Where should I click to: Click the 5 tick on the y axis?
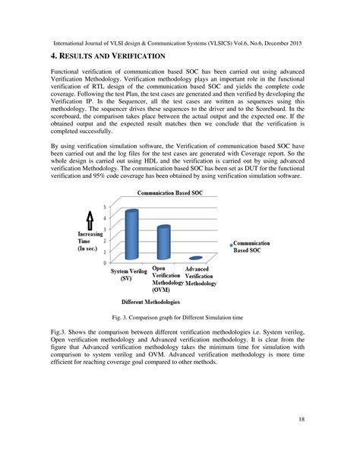pyautogui.click(x=105, y=207)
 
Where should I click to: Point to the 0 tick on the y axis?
pyautogui.click(x=105, y=262)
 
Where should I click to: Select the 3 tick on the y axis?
pyautogui.click(x=105, y=230)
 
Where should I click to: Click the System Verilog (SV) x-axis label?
pyautogui.click(x=129, y=274)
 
